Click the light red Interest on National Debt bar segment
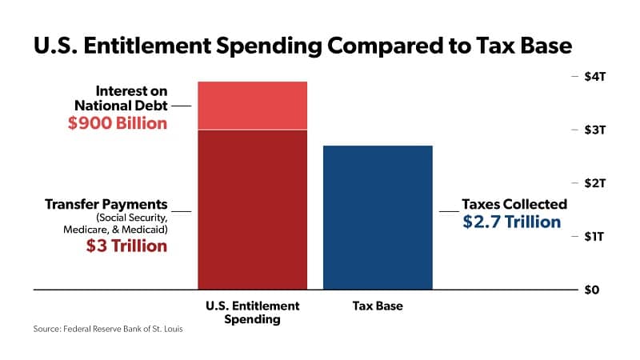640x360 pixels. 252,105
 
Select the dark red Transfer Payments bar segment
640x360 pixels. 252,208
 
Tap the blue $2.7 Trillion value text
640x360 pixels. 512,222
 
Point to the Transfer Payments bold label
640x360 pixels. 106,204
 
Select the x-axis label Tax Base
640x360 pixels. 377,306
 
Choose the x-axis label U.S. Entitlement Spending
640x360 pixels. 252,312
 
